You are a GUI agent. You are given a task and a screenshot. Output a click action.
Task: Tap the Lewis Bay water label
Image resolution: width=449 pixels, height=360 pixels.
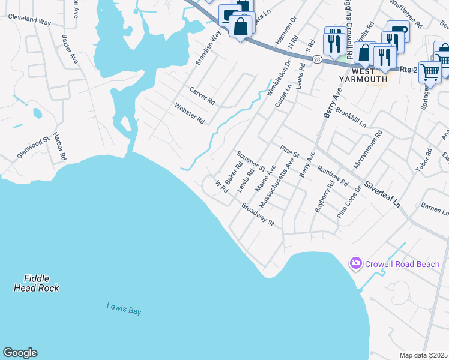coord(124,307)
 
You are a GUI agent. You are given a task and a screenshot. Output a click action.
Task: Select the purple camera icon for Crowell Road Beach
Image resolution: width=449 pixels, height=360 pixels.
coord(356,263)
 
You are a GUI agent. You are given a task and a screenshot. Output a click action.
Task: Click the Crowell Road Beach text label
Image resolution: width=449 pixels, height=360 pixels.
coord(402,264)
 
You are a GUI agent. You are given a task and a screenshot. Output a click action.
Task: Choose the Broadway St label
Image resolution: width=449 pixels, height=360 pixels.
coord(258,214)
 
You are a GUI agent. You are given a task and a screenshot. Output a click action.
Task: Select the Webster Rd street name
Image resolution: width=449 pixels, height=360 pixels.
coord(190,113)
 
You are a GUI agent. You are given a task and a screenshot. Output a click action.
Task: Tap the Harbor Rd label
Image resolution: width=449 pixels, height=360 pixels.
coord(59,147)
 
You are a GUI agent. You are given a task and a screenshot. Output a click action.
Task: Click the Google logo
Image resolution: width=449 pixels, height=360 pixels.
coord(20,353)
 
